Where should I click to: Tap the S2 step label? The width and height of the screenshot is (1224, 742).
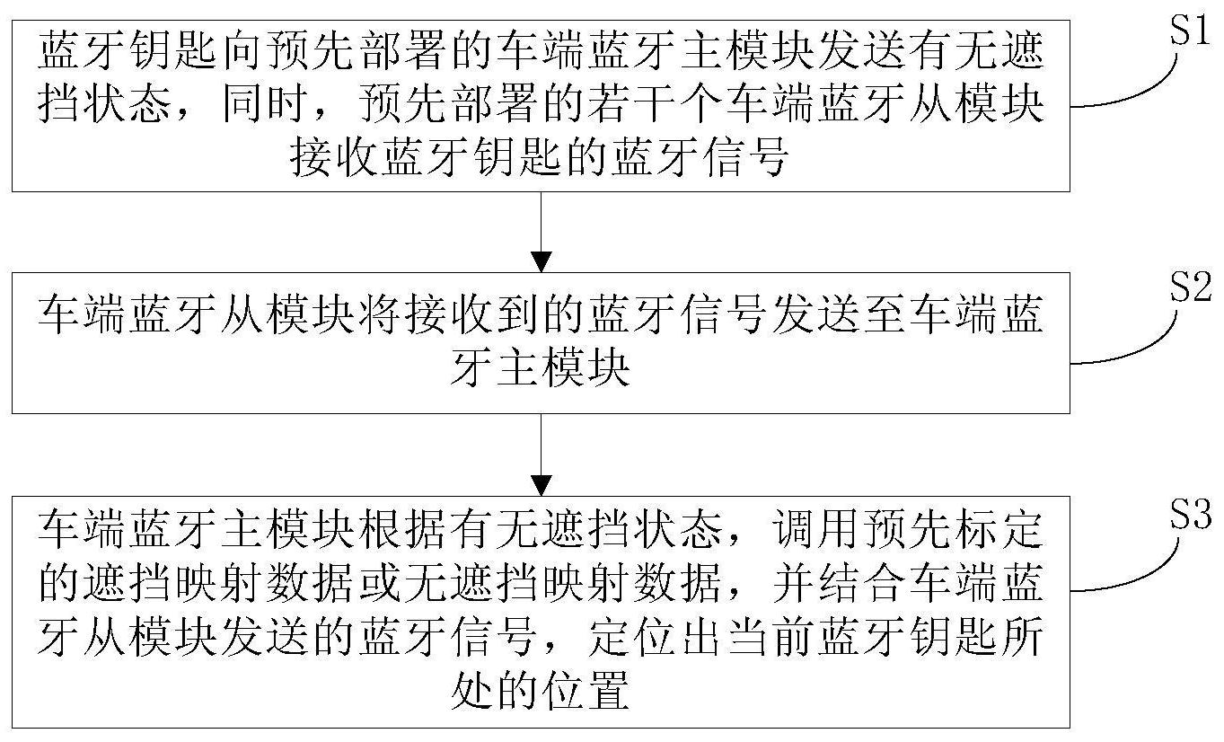(1186, 287)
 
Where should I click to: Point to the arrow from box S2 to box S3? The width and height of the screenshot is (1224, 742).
(541, 455)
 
